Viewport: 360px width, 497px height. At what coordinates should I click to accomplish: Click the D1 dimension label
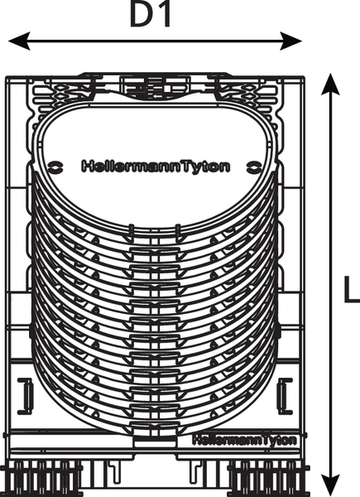(151, 15)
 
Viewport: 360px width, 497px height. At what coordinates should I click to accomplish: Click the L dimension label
(352, 289)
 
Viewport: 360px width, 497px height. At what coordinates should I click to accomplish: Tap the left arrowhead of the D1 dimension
(19, 41)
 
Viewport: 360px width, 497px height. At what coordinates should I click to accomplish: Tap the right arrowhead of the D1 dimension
(290, 41)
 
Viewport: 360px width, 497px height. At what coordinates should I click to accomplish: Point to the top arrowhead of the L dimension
(330, 84)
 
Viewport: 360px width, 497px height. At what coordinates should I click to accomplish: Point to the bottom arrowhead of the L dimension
(330, 485)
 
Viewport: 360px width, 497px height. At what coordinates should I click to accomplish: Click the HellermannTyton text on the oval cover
(156, 166)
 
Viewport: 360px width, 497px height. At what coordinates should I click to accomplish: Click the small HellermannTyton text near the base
(245, 441)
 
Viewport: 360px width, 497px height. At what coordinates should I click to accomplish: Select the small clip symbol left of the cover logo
(55, 166)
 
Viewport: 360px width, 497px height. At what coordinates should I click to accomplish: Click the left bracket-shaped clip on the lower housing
(26, 396)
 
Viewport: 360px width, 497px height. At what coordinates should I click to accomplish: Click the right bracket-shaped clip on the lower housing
(285, 396)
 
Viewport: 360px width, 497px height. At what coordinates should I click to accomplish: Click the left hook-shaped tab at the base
(114, 472)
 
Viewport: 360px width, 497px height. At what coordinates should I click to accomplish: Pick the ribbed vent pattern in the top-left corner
(60, 94)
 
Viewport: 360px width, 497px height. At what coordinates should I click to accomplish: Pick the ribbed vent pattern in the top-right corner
(248, 94)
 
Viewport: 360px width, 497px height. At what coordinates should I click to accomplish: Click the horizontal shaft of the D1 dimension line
(155, 41)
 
